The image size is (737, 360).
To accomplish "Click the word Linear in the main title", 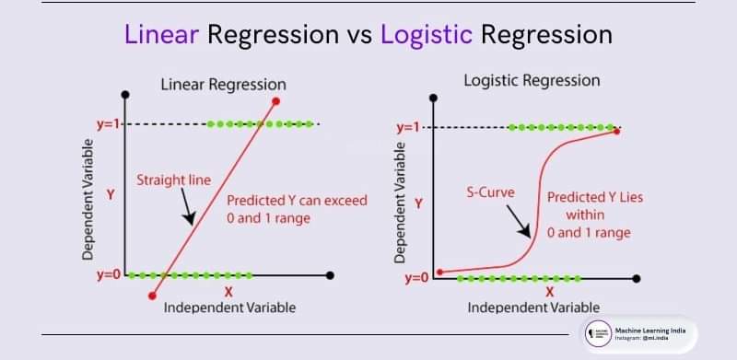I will [161, 35].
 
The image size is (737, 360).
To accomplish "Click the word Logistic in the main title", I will [425, 35].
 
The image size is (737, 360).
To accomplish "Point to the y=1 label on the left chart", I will [109, 123].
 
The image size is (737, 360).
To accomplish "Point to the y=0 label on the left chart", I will [109, 274].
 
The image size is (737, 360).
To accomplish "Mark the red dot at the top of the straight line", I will [276, 100].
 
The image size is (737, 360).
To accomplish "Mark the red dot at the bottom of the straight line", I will [152, 295].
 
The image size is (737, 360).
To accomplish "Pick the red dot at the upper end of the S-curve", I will [616, 132].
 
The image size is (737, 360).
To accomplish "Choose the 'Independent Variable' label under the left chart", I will [229, 307].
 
